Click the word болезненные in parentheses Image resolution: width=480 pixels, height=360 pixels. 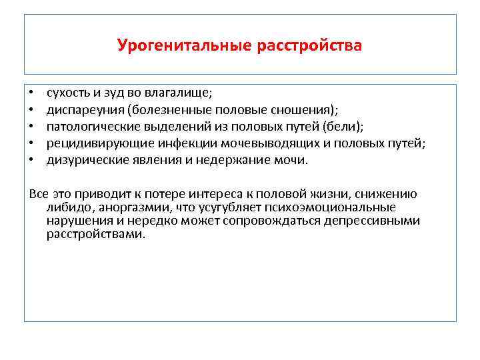(173, 110)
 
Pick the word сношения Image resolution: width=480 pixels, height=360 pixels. (304, 110)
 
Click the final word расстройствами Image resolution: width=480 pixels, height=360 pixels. (94, 234)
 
